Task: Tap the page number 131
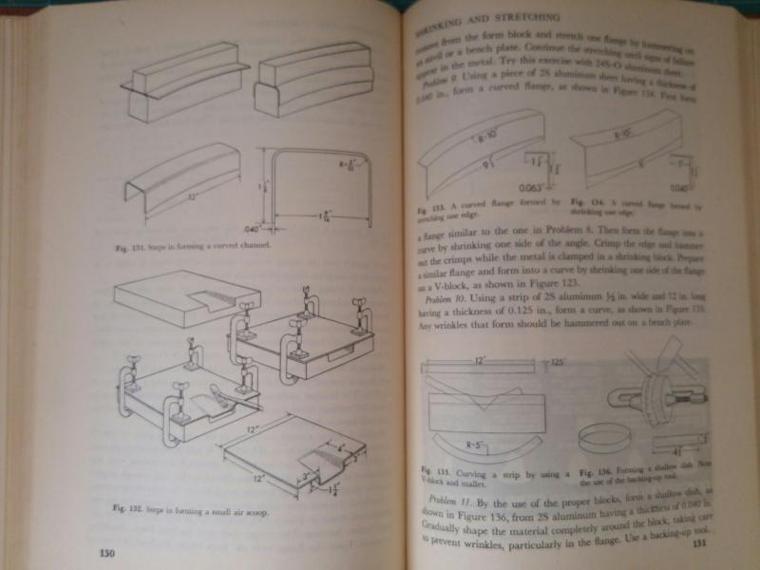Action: tap(699, 543)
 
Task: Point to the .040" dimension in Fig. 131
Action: tap(251, 229)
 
